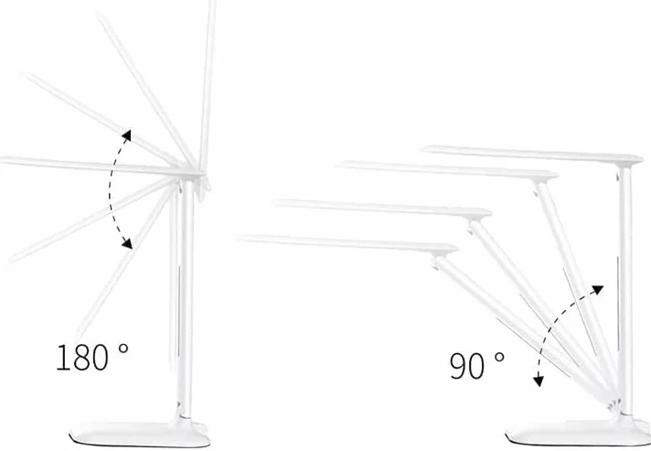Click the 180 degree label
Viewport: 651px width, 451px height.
click(x=92, y=357)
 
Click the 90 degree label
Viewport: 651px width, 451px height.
click(x=477, y=365)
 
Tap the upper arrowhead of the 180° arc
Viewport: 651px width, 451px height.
click(x=126, y=135)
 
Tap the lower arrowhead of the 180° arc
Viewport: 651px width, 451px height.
click(x=127, y=243)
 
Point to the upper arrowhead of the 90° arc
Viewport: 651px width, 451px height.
click(x=597, y=289)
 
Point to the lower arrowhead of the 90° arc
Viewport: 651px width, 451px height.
click(x=539, y=381)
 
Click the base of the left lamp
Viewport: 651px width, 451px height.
click(x=140, y=434)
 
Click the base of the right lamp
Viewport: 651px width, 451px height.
click(x=578, y=433)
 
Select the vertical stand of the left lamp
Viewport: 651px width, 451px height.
click(x=187, y=299)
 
